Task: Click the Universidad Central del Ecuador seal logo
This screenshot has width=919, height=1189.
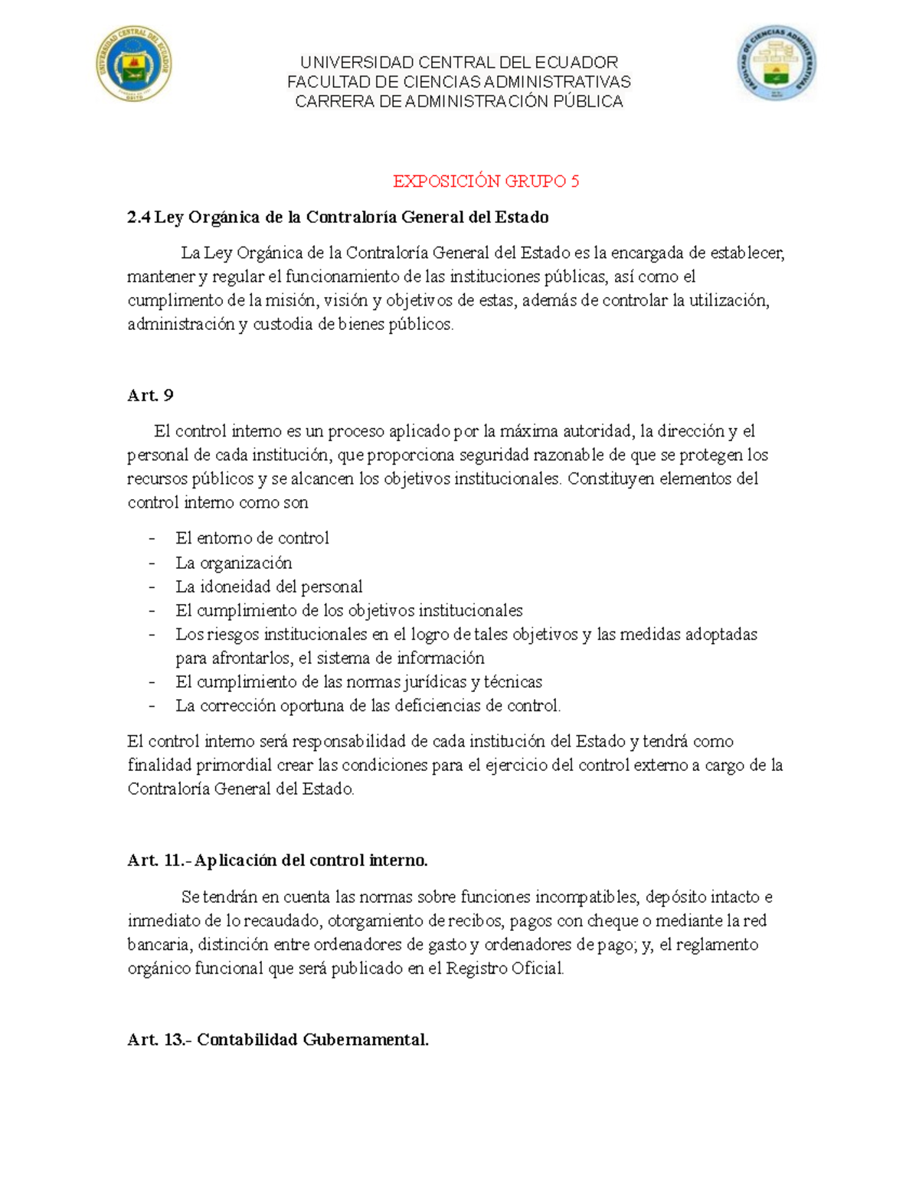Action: point(133,64)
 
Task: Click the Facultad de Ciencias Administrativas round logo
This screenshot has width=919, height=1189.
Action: point(777,64)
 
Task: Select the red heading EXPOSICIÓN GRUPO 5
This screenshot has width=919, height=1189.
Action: point(486,181)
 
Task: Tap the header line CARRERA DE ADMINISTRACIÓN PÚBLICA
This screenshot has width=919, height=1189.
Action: point(459,102)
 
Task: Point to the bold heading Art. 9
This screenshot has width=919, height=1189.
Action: point(150,395)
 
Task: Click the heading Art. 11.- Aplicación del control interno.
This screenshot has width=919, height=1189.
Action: point(277,861)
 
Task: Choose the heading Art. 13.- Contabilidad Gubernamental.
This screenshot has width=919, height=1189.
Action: point(278,1040)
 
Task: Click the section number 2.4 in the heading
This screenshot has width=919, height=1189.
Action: point(139,217)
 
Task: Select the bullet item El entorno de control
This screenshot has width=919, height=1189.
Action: point(252,538)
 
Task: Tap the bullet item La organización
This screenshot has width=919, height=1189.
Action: point(234,563)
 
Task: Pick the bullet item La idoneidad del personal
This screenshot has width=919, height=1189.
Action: point(269,586)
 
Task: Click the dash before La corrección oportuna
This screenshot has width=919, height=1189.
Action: point(152,706)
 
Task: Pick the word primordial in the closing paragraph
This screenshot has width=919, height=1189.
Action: point(234,765)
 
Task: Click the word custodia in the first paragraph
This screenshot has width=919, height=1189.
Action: point(283,324)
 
